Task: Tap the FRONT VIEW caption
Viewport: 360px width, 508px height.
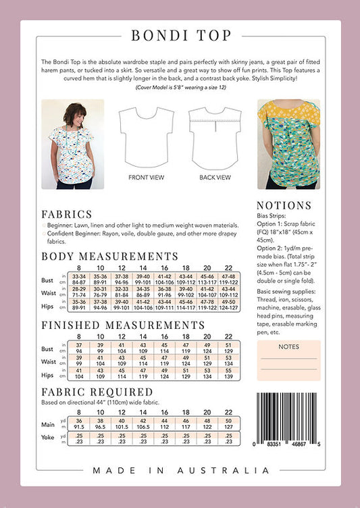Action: (x=145, y=178)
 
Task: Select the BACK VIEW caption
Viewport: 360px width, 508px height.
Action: (x=215, y=178)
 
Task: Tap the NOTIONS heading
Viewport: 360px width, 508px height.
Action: (x=284, y=205)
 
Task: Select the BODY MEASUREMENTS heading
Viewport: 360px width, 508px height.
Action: (x=110, y=257)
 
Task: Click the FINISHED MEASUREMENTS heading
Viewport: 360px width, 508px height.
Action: (x=124, y=325)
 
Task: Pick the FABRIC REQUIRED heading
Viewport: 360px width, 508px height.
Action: (x=97, y=392)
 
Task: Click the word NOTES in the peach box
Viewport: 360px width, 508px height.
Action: (x=288, y=347)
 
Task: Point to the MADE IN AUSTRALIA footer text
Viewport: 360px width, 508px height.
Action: (x=180, y=470)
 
